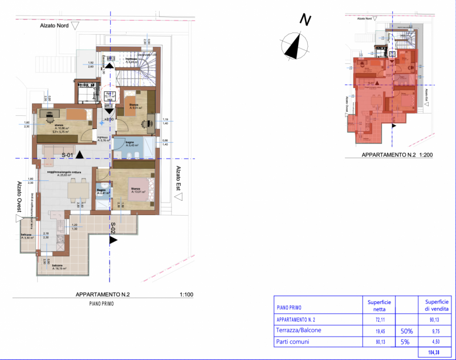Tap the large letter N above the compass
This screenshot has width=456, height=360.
coord(306,21)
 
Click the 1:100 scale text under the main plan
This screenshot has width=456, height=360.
coord(186,294)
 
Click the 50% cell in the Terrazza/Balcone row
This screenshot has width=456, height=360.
coord(407,330)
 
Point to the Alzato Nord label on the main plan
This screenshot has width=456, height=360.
coord(55,26)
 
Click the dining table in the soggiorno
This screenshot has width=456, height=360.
coord(76,189)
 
